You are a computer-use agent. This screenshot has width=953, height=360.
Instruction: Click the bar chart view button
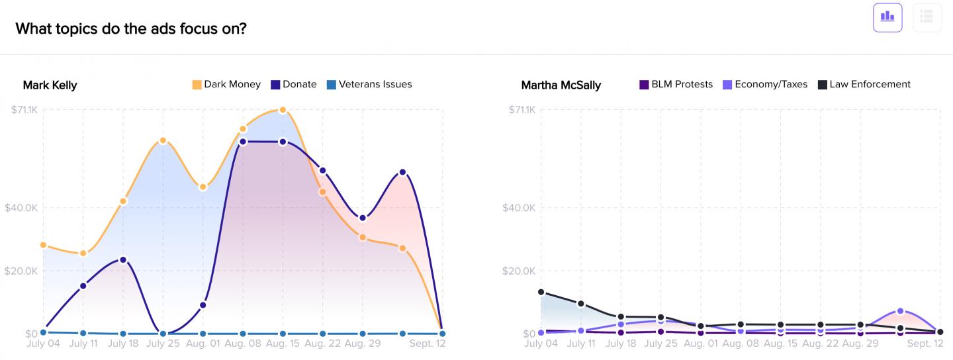[x=887, y=17]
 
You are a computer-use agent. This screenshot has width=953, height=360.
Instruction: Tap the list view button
[x=927, y=17]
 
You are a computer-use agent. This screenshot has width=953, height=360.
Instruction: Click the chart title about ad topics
[x=131, y=28]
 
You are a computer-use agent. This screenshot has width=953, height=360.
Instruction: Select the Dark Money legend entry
[x=226, y=85]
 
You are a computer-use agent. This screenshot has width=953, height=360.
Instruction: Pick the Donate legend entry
[x=294, y=85]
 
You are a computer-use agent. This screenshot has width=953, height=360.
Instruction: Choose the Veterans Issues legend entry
[x=369, y=85]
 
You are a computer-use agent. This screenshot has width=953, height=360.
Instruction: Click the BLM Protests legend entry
[x=676, y=85]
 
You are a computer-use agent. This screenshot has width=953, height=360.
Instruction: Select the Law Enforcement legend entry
[x=864, y=85]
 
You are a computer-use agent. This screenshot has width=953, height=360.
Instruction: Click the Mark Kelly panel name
[x=50, y=85]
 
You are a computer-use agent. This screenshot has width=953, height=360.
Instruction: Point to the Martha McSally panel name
[x=561, y=85]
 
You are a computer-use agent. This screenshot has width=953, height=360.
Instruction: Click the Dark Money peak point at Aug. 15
[x=283, y=110]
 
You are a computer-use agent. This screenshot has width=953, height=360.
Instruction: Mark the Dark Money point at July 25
[x=163, y=140]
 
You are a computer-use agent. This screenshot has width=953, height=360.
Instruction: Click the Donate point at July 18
[x=122, y=259]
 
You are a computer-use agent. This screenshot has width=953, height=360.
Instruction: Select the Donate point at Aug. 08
[x=243, y=142]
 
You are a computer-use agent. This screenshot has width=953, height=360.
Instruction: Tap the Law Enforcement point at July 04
[x=541, y=292]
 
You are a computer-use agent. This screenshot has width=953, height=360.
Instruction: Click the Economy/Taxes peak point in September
[x=901, y=310]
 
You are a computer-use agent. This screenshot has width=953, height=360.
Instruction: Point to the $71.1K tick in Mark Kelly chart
[x=24, y=110]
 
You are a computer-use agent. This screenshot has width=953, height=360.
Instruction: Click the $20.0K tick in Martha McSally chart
[x=522, y=271]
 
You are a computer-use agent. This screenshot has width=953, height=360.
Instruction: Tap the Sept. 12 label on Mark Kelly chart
[x=428, y=343]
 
